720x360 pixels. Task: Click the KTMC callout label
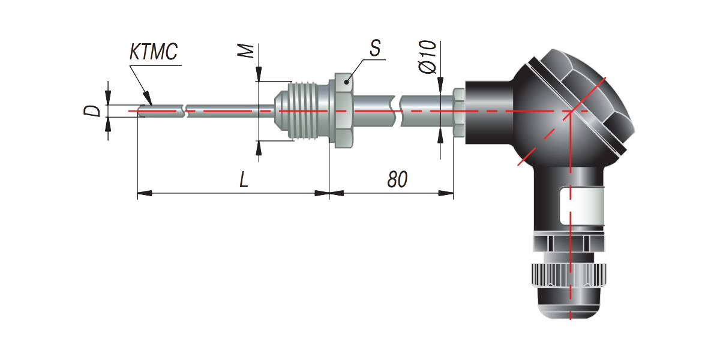pos(154,52)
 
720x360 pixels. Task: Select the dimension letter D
pos(92,111)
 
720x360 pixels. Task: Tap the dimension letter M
pos(246,52)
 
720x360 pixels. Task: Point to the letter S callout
pos(375,49)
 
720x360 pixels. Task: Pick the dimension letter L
pos(244,179)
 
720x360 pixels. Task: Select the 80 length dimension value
pos(397,179)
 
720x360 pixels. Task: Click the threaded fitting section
pos(308,111)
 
